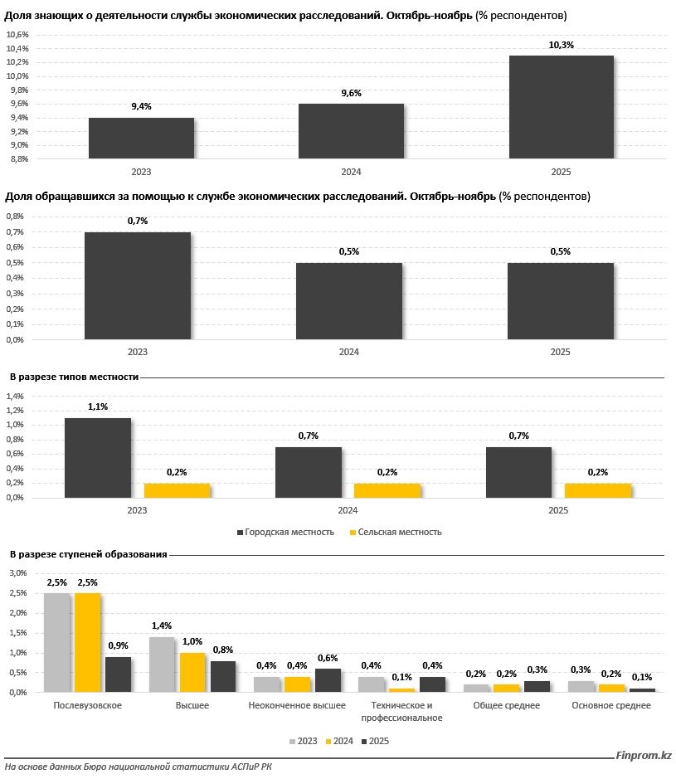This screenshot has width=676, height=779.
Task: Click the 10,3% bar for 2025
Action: click(x=561, y=106)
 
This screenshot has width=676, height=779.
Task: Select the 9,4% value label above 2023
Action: click(x=141, y=106)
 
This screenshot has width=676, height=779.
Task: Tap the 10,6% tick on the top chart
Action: click(x=17, y=35)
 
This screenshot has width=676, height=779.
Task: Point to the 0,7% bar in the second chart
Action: click(x=138, y=285)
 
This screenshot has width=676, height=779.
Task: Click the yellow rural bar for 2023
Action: click(x=178, y=490)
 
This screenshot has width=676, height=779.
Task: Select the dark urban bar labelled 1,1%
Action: click(x=98, y=457)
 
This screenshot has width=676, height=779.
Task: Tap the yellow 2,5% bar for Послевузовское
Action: click(x=89, y=642)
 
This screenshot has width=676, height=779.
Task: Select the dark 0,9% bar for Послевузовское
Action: click(x=119, y=674)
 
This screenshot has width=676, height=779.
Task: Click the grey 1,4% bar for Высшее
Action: click(x=162, y=664)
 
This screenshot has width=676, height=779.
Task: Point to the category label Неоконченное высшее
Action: click(x=297, y=705)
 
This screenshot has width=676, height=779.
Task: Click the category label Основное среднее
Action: click(x=611, y=705)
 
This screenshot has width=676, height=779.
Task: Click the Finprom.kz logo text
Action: click(x=644, y=755)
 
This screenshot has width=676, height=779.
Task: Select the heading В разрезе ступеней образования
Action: click(x=89, y=554)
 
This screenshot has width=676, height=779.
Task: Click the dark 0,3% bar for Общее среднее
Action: click(x=536, y=686)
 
